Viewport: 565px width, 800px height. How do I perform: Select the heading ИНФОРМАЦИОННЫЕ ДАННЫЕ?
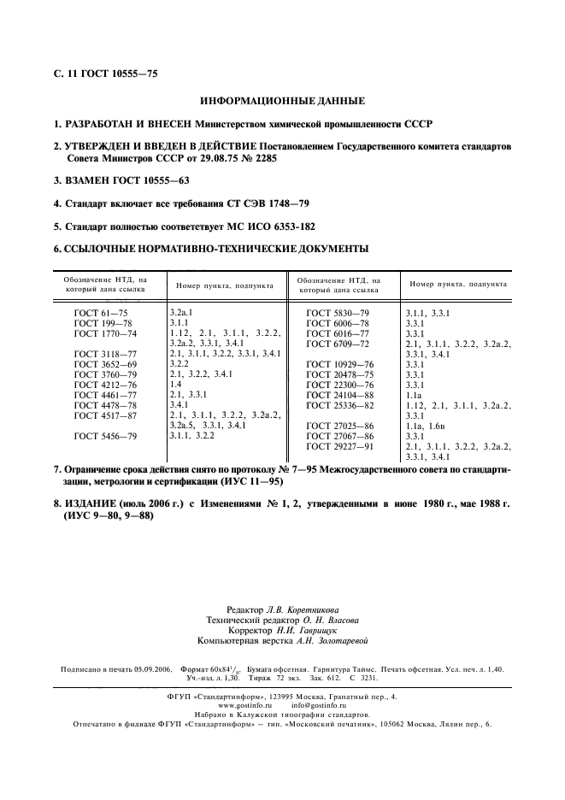coord(282,101)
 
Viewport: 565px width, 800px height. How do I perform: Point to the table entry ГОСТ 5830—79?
coord(338,314)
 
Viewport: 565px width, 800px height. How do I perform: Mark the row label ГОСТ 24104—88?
coord(340,397)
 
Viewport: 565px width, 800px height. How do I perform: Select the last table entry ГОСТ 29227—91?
coord(340,447)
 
